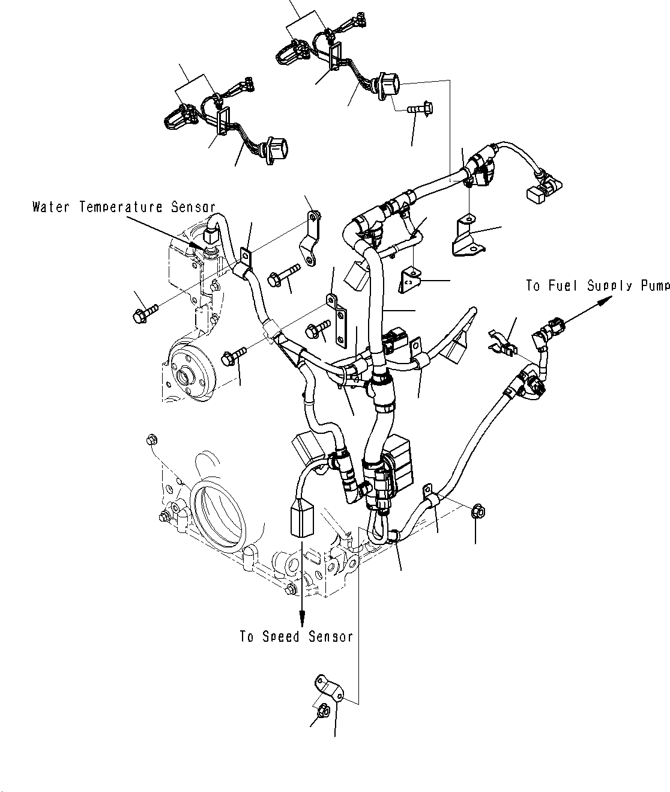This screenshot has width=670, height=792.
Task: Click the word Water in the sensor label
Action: [x=49, y=208]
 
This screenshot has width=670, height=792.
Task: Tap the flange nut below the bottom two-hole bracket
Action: [x=321, y=711]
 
